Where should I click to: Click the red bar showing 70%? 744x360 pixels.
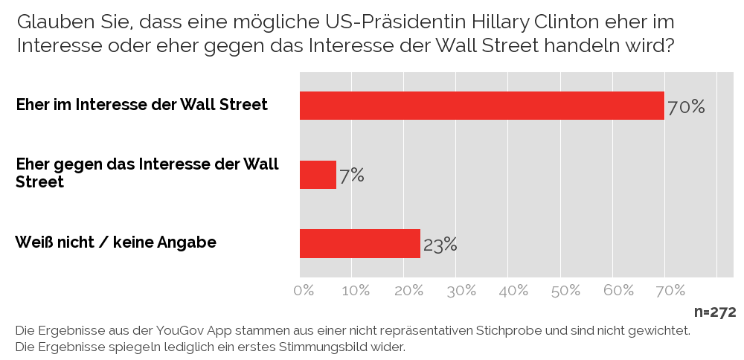tap(481, 106)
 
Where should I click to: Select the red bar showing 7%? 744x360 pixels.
tap(318, 175)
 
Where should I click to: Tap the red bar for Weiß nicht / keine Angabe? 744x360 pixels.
tap(359, 243)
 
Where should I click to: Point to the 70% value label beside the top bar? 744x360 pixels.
tap(686, 107)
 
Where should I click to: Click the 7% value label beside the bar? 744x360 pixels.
tap(352, 176)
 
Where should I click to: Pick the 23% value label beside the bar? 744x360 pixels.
tap(440, 245)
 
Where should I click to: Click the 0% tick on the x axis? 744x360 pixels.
tap(304, 291)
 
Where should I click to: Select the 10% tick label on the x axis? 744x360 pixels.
tap(355, 291)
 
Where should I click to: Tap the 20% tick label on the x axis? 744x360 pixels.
tap(408, 291)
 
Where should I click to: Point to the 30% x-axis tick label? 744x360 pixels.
tap(461, 291)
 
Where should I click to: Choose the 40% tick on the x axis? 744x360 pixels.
tap(513, 291)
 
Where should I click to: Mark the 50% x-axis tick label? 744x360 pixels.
tap(565, 291)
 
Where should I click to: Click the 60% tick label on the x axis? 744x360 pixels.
tap(618, 291)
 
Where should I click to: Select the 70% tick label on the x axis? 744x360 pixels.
tap(670, 291)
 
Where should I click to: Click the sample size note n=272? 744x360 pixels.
tap(715, 312)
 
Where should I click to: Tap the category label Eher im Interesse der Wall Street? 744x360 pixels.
tap(141, 105)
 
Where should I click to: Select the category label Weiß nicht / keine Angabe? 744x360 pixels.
tap(116, 242)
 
